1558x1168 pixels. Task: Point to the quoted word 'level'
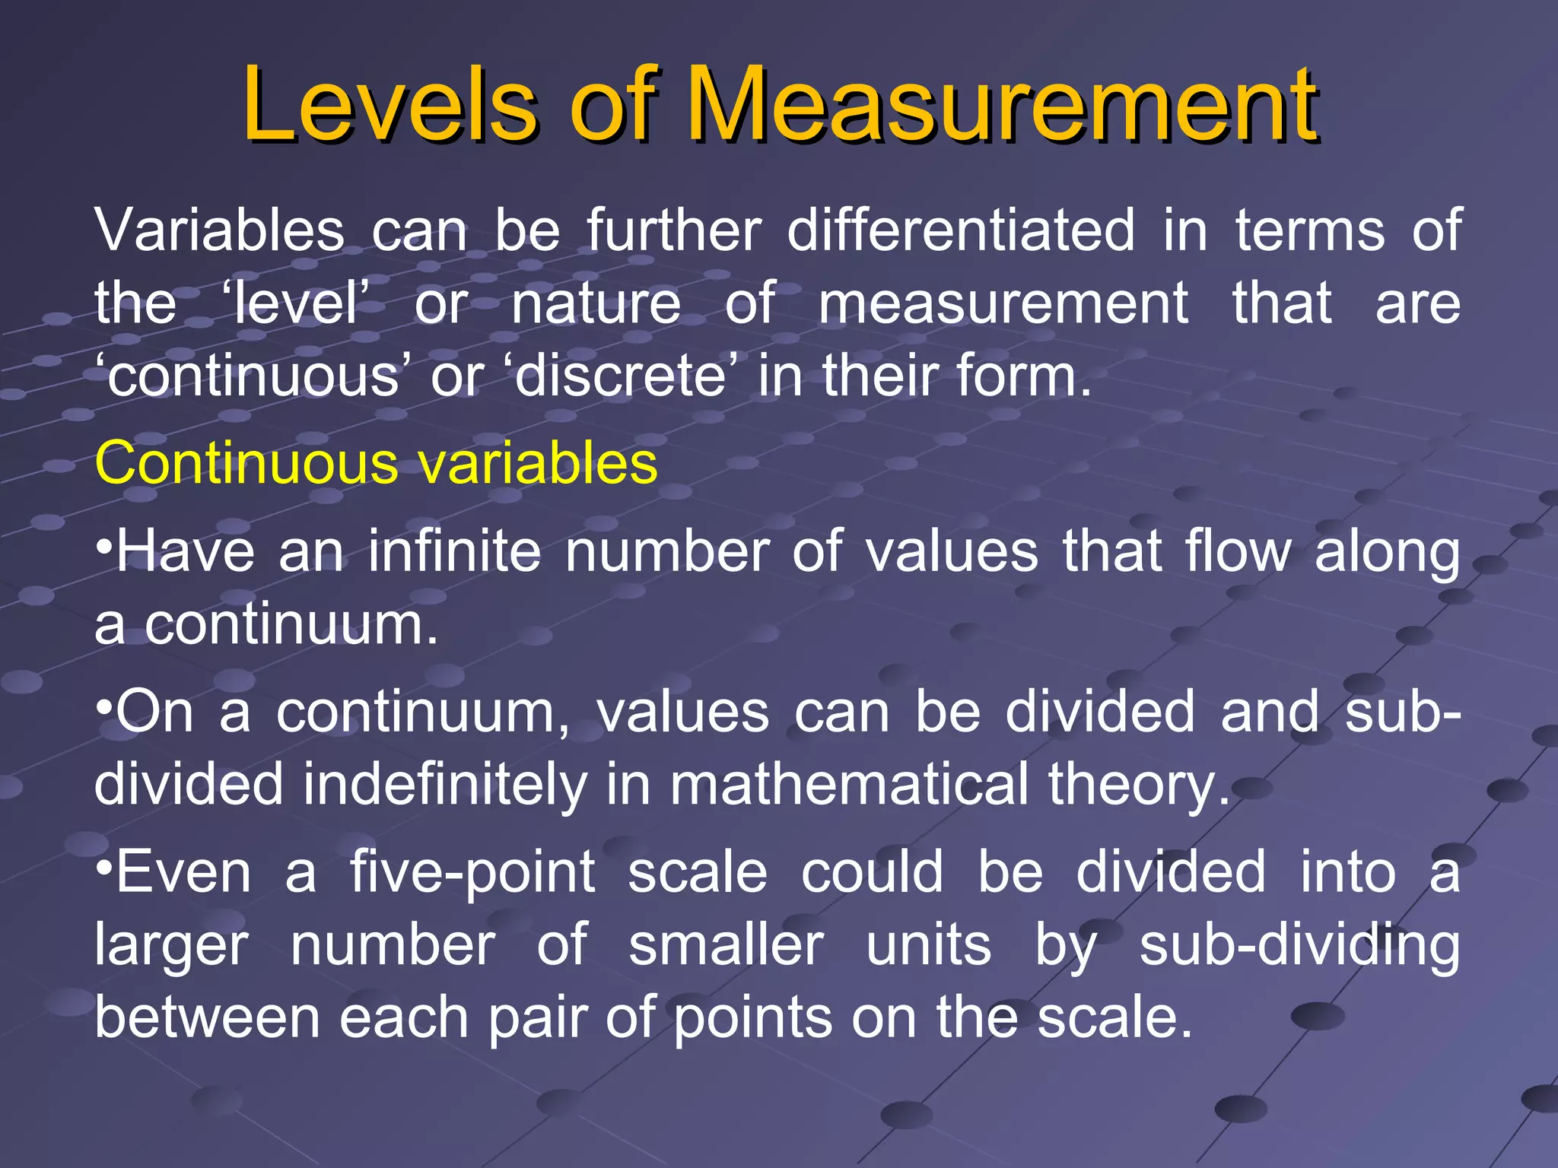tap(297, 303)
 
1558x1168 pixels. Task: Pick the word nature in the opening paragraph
tap(596, 303)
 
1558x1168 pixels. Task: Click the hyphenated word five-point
tap(472, 872)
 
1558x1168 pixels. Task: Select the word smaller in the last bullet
tap(727, 945)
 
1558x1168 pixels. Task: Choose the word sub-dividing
tap(1299, 945)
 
